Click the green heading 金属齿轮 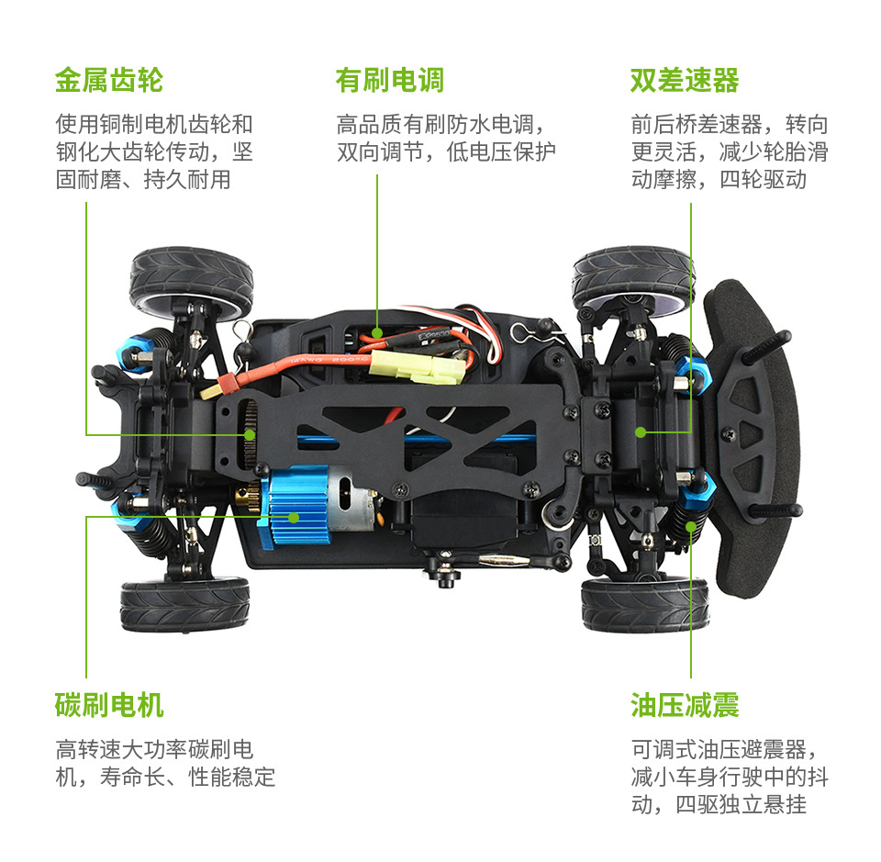tap(108, 81)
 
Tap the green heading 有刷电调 tap(389, 81)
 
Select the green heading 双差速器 tap(684, 81)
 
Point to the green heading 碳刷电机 tap(108, 705)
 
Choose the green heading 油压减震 tap(684, 705)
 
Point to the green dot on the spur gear tap(249, 433)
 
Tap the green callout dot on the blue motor tap(294, 517)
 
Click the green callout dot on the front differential tap(640, 431)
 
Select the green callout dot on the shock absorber tap(691, 526)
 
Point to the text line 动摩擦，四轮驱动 tap(718, 179)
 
